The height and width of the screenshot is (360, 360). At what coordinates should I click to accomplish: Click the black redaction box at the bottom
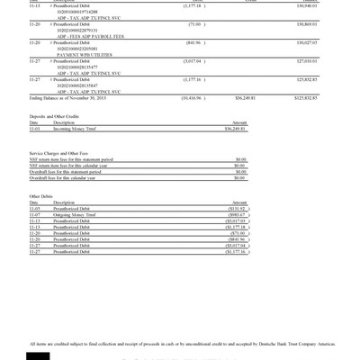click(x=39, y=355)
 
